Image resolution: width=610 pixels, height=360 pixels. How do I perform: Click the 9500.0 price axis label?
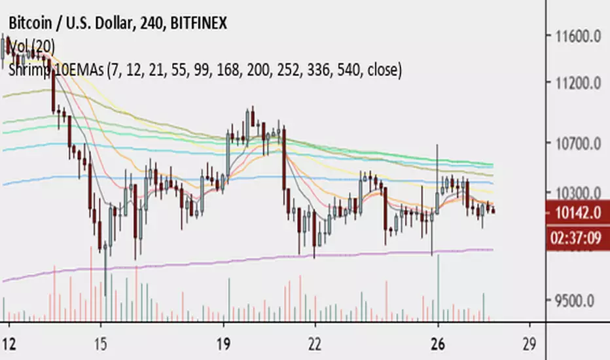click(573, 302)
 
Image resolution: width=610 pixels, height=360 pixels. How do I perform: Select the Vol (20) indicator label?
click(32, 46)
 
